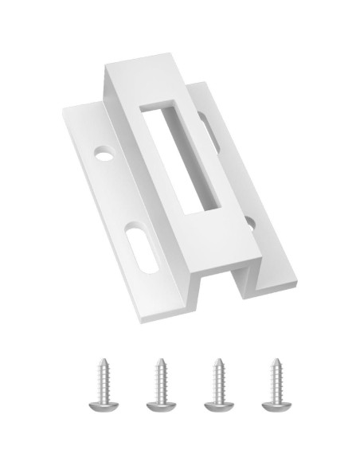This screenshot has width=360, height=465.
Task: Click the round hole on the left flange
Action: pos(104,150)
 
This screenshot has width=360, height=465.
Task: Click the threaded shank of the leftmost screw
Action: pos(103,379)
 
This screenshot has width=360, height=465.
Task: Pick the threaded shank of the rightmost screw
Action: pos(276,379)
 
